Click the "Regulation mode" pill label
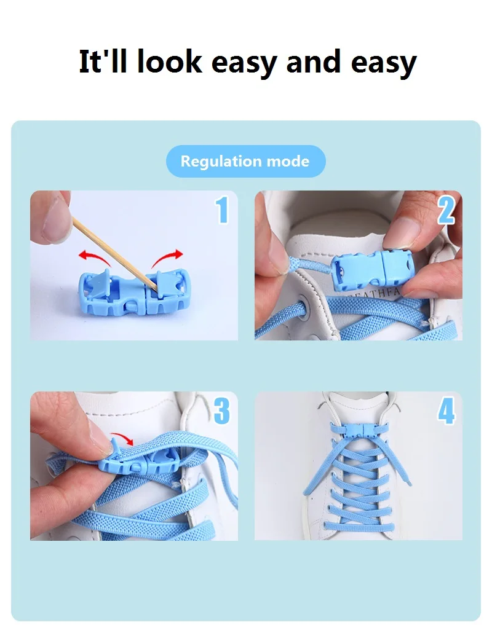tap(245, 162)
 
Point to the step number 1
tap(222, 210)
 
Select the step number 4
tap(446, 411)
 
